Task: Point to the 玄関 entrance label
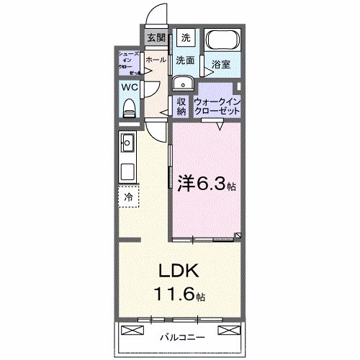click(x=156, y=38)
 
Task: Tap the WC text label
click(x=129, y=87)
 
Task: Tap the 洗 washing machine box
click(x=186, y=38)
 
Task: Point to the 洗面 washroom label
click(x=186, y=61)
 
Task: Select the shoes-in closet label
click(x=128, y=62)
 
